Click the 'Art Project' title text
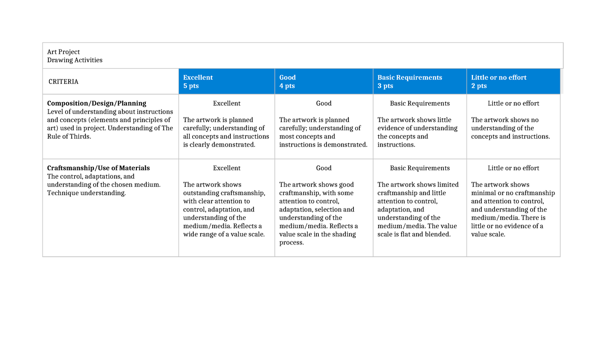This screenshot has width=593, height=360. click(63, 52)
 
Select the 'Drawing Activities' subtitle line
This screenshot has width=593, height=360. click(75, 60)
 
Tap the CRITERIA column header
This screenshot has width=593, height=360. click(63, 81)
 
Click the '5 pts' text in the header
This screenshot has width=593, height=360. click(191, 86)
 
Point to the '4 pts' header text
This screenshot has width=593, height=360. click(287, 86)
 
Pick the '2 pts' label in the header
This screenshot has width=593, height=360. click(479, 86)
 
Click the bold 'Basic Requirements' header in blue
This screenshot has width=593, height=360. click(410, 78)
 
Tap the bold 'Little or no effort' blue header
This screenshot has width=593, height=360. click(499, 78)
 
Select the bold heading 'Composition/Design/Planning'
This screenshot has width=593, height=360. click(96, 103)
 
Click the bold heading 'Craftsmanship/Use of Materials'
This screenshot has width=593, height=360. click(98, 168)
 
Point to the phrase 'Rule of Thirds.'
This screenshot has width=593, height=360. click(69, 136)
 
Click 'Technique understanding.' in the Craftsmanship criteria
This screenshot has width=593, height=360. click(86, 193)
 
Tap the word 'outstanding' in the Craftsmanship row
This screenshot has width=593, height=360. click(200, 193)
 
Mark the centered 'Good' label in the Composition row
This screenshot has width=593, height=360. click(324, 103)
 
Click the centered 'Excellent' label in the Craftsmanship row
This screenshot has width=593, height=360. click(226, 168)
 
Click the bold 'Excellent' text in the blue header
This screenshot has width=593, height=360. click(198, 78)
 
